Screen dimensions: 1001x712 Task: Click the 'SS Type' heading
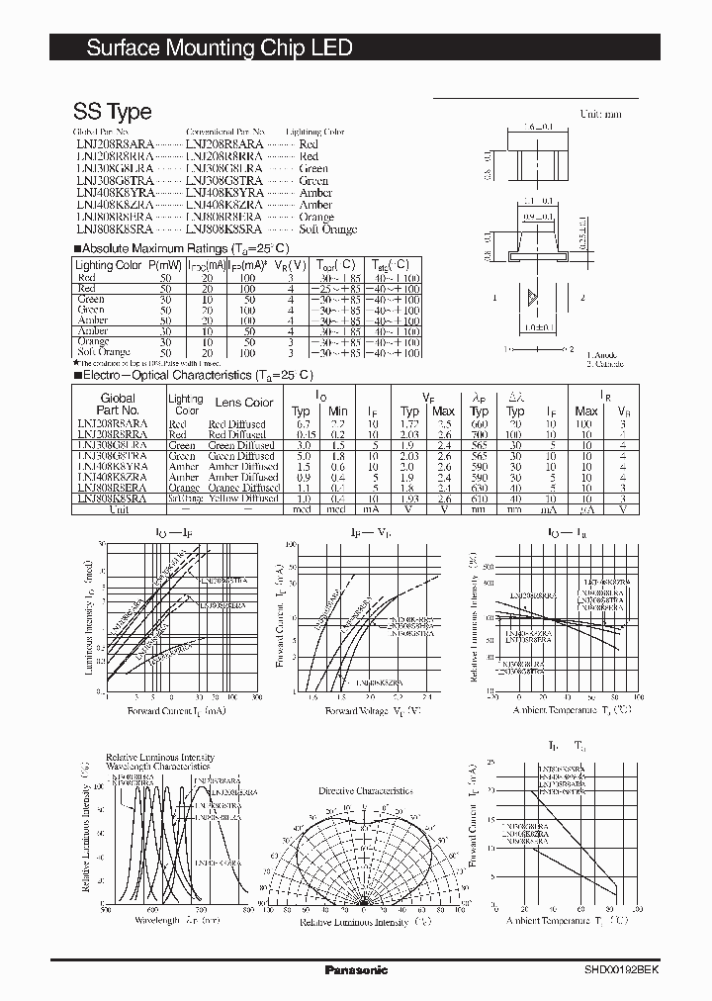(112, 111)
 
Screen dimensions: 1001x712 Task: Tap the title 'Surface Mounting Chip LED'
(220, 47)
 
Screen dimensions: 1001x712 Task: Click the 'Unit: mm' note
(600, 115)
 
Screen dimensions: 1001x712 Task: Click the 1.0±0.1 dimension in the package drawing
(536, 326)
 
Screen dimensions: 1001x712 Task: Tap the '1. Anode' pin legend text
(600, 355)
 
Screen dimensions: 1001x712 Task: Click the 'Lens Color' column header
(244, 403)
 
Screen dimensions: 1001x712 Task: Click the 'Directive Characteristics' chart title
(366, 791)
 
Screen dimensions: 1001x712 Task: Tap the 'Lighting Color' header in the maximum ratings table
(108, 266)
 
